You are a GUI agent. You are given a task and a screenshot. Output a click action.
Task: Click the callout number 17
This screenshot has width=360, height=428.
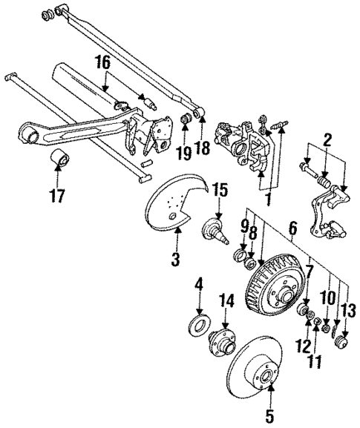tap(56, 197)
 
